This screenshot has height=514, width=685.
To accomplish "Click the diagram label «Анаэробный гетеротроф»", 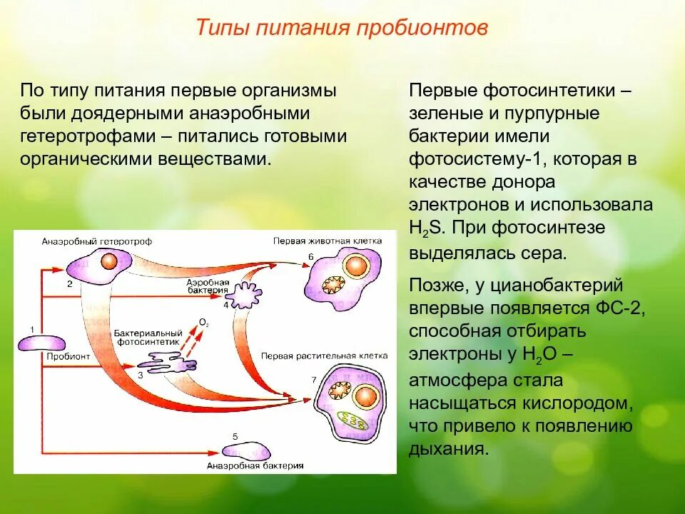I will [x=97, y=241].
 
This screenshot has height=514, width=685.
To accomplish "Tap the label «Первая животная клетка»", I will [x=328, y=241].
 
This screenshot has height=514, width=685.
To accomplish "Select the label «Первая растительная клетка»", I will [x=324, y=355].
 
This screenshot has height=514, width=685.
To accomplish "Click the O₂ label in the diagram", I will [x=204, y=323].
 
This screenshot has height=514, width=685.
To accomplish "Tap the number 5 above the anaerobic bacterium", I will [x=235, y=435].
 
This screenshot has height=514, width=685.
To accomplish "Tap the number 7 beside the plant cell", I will [x=313, y=381].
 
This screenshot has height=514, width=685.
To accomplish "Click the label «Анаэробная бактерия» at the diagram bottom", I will [x=255, y=465].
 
